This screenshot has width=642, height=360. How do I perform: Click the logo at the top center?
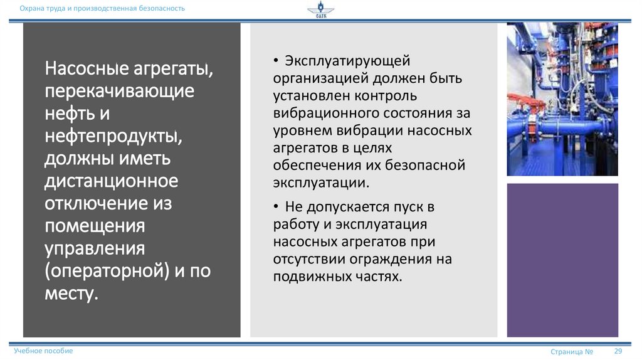click(320, 11)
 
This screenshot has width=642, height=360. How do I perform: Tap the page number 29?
click(618, 351)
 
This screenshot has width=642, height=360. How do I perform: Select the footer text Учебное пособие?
click(43, 351)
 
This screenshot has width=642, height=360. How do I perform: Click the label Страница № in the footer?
click(572, 352)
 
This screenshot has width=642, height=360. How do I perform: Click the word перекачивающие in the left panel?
click(118, 91)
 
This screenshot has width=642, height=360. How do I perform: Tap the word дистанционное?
click(111, 181)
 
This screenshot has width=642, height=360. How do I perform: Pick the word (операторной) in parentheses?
click(106, 271)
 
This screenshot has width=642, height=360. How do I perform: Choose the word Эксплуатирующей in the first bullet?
click(347, 61)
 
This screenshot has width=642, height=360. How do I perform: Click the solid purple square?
click(562, 260)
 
